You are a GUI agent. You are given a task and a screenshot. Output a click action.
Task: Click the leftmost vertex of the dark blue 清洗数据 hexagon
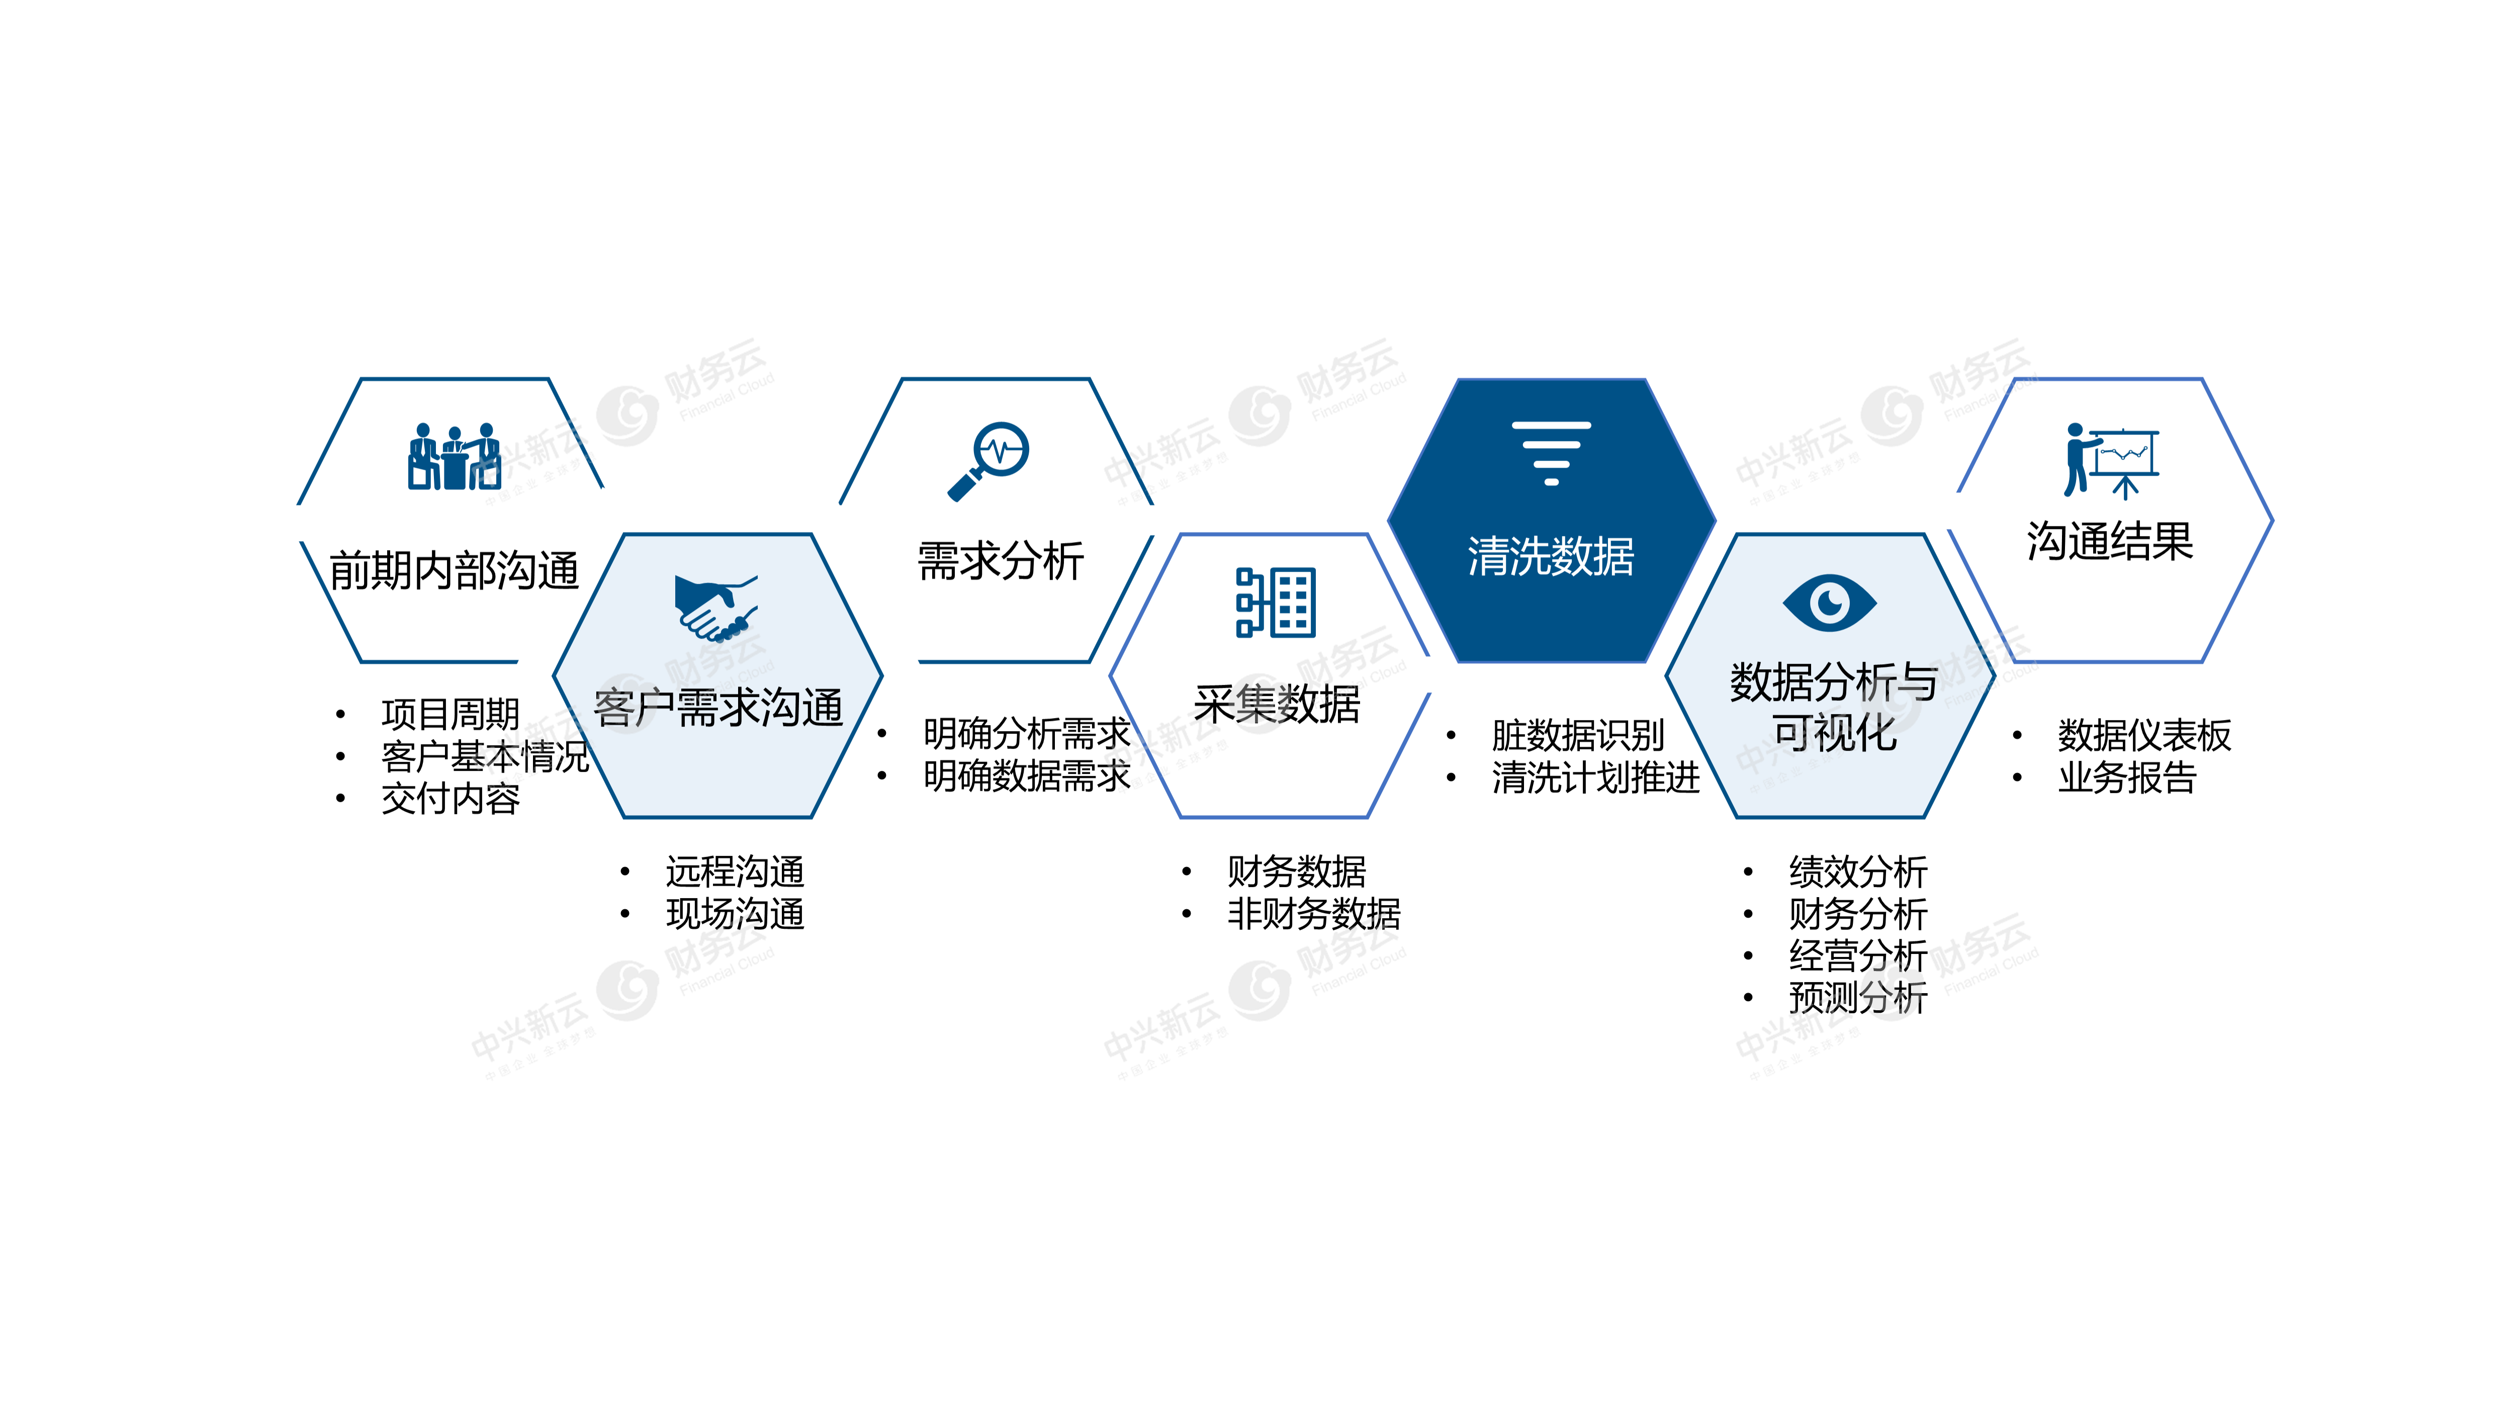pos(1388,520)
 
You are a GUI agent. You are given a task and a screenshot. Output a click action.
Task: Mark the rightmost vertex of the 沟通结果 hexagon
pos(2273,520)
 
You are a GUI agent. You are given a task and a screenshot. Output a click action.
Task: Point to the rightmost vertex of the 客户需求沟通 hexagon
pos(882,675)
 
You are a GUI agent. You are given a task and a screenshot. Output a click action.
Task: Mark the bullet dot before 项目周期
pos(339,715)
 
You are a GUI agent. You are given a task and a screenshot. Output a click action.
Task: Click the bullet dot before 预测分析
pos(1748,997)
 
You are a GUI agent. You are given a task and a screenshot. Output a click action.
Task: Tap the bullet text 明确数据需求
pos(1027,776)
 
